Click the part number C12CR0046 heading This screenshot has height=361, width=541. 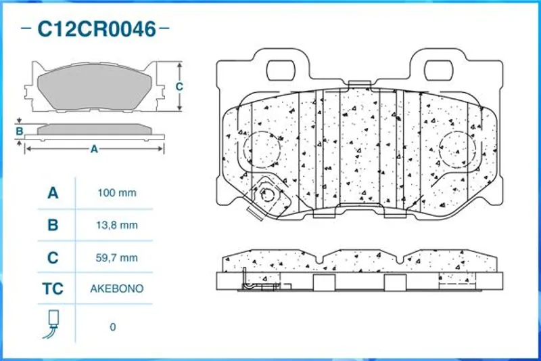click(x=97, y=29)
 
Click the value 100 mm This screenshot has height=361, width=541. click(x=117, y=193)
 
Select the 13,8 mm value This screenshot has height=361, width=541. click(x=117, y=226)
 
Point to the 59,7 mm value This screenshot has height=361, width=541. click(x=117, y=257)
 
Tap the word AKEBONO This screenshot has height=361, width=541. click(x=117, y=289)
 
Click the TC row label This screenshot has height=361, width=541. click(x=53, y=289)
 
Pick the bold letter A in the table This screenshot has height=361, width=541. click(x=53, y=193)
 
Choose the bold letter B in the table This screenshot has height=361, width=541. click(x=53, y=226)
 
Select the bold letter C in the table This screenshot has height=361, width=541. click(x=53, y=257)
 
